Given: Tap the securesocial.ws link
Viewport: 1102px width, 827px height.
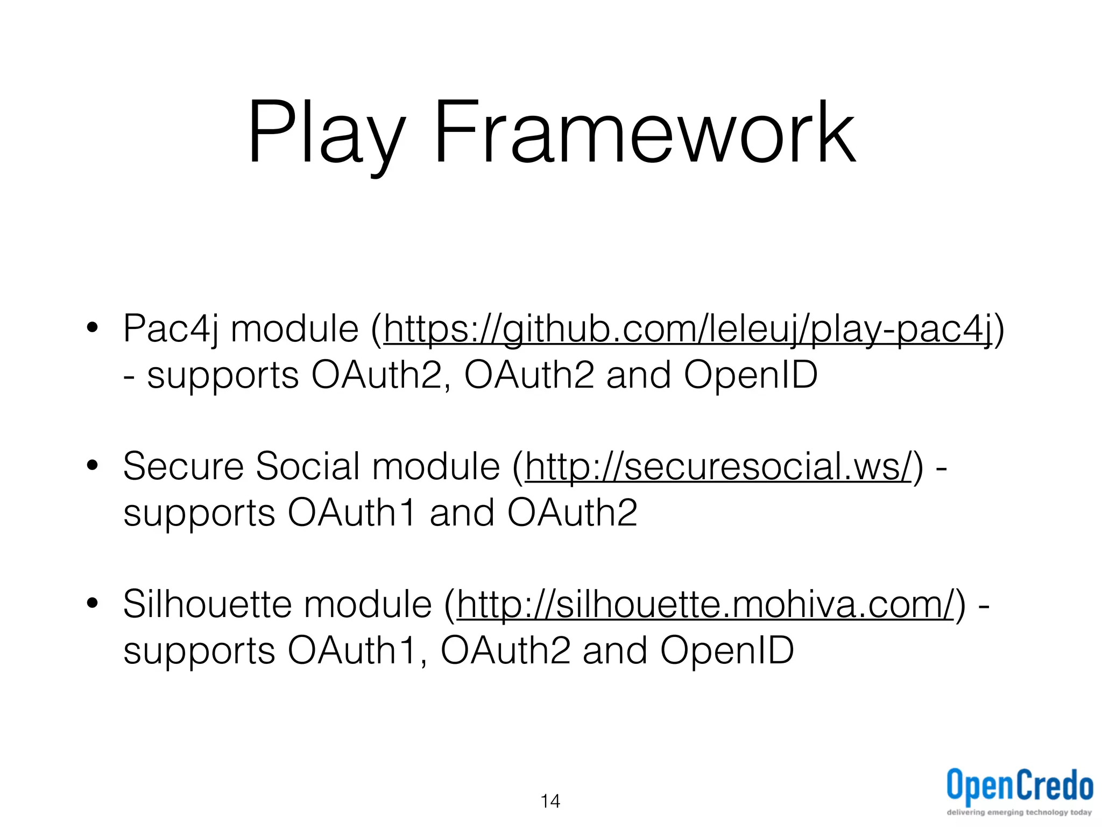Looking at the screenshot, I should pos(719,466).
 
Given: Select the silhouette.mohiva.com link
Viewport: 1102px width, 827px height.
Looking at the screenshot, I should pos(705,605).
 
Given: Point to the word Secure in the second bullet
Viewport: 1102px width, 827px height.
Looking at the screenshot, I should pos(183,466).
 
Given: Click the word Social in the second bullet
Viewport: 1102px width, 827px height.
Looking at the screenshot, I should pos(307,466).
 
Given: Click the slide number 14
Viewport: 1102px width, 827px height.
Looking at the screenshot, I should pos(550,801).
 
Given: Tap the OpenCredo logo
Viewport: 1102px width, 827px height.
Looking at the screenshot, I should pos(1019,786).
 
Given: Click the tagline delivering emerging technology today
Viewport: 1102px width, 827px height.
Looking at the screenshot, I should pos(1019,812).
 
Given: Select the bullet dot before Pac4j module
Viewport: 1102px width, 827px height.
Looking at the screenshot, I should pos(92,328).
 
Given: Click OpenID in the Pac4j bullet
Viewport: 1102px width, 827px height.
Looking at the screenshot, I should pos(751,376).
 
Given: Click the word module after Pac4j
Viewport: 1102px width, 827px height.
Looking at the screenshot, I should pos(294,329).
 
